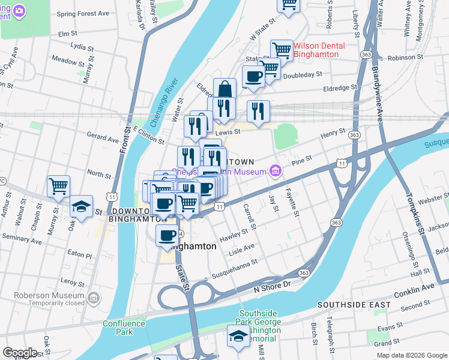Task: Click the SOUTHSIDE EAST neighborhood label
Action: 354,305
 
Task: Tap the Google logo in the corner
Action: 20,353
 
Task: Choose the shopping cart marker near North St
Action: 58,186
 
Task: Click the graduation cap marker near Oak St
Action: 81,206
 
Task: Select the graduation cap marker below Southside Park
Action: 238,337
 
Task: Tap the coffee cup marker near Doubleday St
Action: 253,77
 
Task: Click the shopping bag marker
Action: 224,89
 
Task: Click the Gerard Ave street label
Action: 103,138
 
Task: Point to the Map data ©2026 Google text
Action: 411,355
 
